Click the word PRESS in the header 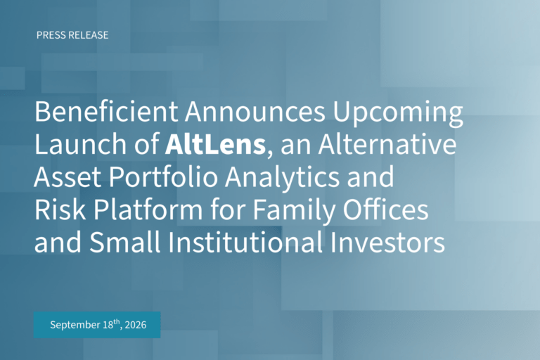click(x=51, y=35)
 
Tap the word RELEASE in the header click(x=89, y=35)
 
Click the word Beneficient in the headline click(x=106, y=112)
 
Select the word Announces click(x=255, y=112)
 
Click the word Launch click(x=81, y=144)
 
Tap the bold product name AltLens click(x=216, y=144)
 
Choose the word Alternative click(x=387, y=144)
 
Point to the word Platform click(x=148, y=209)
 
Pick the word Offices click(x=386, y=209)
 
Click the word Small click(x=125, y=242)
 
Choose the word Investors click(x=387, y=242)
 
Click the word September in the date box click(x=75, y=326)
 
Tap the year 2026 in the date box click(x=136, y=325)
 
